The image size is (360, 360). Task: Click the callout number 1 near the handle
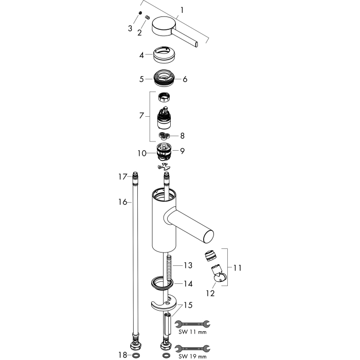(x=182, y=10)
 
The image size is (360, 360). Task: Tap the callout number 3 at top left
(x=130, y=28)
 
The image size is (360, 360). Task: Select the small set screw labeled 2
(x=147, y=17)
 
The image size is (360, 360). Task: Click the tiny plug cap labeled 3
(x=140, y=13)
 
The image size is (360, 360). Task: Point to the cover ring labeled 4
(x=164, y=55)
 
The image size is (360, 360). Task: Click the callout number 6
(x=185, y=79)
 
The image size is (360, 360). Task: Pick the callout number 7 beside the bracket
(x=141, y=116)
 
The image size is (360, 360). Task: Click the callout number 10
(x=142, y=153)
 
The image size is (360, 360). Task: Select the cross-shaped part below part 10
(x=164, y=167)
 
